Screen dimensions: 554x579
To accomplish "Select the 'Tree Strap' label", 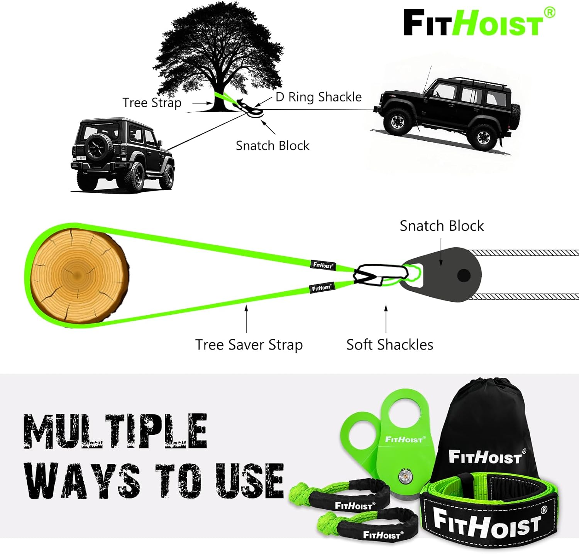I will (152, 103).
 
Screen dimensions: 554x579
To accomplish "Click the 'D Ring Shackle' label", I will (318, 97).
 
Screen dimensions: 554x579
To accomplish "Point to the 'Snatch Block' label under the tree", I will (273, 145).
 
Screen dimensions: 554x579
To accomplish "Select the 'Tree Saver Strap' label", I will (249, 345).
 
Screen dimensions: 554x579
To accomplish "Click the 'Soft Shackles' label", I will (389, 345).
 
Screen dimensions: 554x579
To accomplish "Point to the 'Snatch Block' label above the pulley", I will (442, 226).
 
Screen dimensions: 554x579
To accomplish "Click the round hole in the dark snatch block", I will (464, 275).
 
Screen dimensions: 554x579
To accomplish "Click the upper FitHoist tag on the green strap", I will (323, 265).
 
